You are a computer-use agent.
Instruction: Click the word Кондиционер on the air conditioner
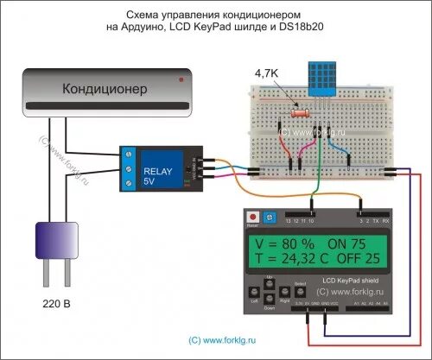coord(105,89)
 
